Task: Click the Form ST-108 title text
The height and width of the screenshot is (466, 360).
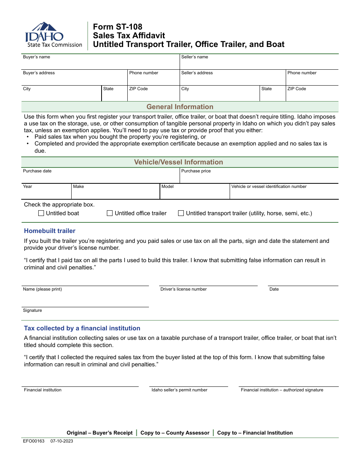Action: click(x=117, y=27)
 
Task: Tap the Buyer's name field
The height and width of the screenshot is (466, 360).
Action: click(x=100, y=63)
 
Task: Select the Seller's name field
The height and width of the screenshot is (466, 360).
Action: click(x=259, y=63)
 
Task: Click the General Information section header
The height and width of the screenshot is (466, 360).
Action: click(x=180, y=107)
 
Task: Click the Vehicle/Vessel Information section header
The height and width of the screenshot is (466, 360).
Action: click(x=178, y=162)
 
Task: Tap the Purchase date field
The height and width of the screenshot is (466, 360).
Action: click(x=100, y=177)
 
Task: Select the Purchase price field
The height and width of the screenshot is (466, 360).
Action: click(x=259, y=177)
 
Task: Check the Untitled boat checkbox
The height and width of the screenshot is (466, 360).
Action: click(x=41, y=213)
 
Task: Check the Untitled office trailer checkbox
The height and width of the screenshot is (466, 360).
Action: click(x=110, y=213)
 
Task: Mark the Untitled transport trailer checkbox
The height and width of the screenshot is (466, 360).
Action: click(x=181, y=213)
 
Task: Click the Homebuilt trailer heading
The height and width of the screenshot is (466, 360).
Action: click(x=50, y=231)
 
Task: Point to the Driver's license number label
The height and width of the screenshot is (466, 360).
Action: click(x=183, y=289)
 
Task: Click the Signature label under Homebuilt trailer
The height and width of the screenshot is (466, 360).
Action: click(x=33, y=310)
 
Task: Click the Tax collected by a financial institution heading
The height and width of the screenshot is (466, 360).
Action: click(x=82, y=328)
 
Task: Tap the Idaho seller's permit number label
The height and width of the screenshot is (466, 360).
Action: click(x=179, y=390)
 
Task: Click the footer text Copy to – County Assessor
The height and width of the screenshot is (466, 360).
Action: click(x=175, y=433)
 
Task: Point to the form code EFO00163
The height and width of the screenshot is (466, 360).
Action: click(x=34, y=441)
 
